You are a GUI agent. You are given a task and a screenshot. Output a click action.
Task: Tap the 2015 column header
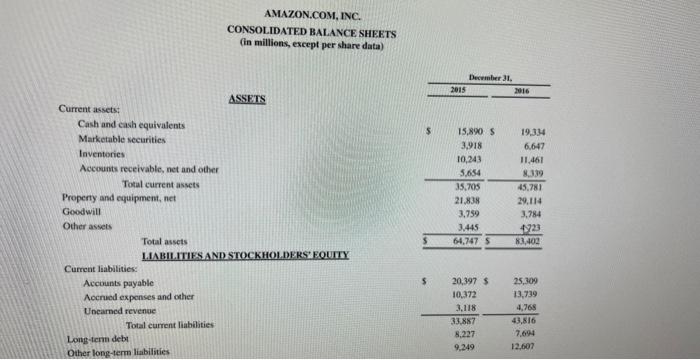[457, 89]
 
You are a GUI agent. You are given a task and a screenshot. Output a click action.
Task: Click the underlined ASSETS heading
[246, 99]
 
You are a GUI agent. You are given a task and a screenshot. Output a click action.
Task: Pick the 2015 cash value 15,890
[471, 131]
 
